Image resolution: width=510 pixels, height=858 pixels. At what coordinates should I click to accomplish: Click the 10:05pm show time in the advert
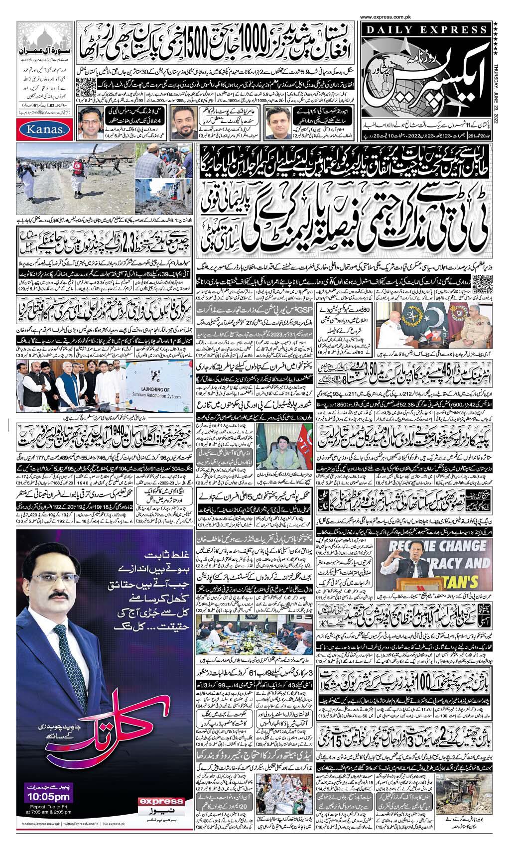pos(48,797)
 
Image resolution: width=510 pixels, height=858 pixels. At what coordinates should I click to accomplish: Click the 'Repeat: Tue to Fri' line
pos(48,807)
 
